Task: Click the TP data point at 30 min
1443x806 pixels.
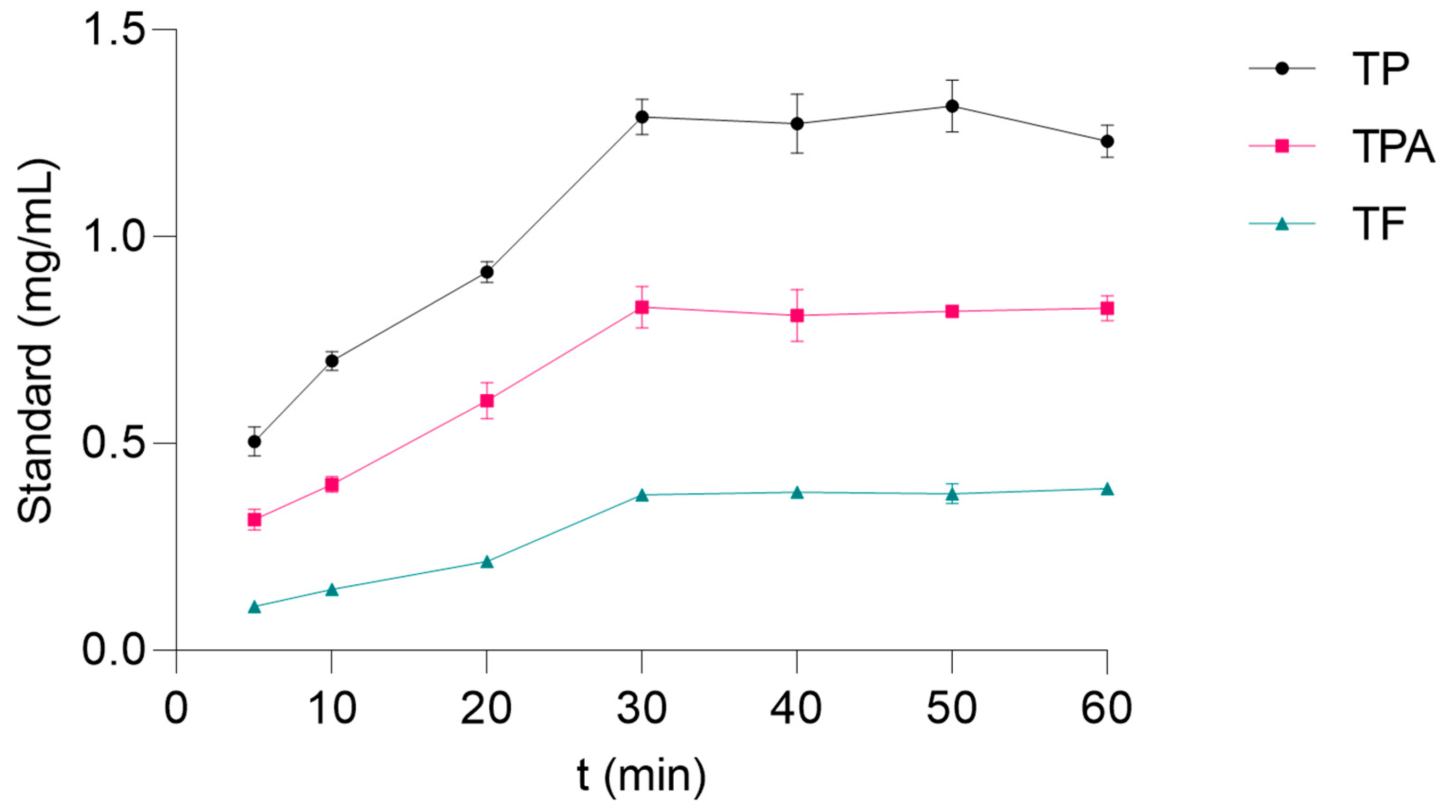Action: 642,117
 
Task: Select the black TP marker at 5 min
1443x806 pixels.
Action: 254,442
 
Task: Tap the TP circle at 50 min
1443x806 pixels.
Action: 952,106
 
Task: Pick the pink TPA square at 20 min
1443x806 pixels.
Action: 487,401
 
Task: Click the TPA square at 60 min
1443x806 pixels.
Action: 1107,308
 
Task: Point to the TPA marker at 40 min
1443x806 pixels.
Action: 797,315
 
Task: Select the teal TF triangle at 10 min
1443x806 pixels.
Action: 332,590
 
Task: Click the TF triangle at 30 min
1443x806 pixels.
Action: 642,495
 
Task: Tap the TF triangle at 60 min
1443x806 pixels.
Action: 1107,489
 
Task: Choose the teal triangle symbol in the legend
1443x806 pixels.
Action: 1281,224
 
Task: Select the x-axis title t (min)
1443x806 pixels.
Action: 641,776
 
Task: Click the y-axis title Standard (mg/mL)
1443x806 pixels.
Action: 36,341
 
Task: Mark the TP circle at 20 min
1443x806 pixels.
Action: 487,272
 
